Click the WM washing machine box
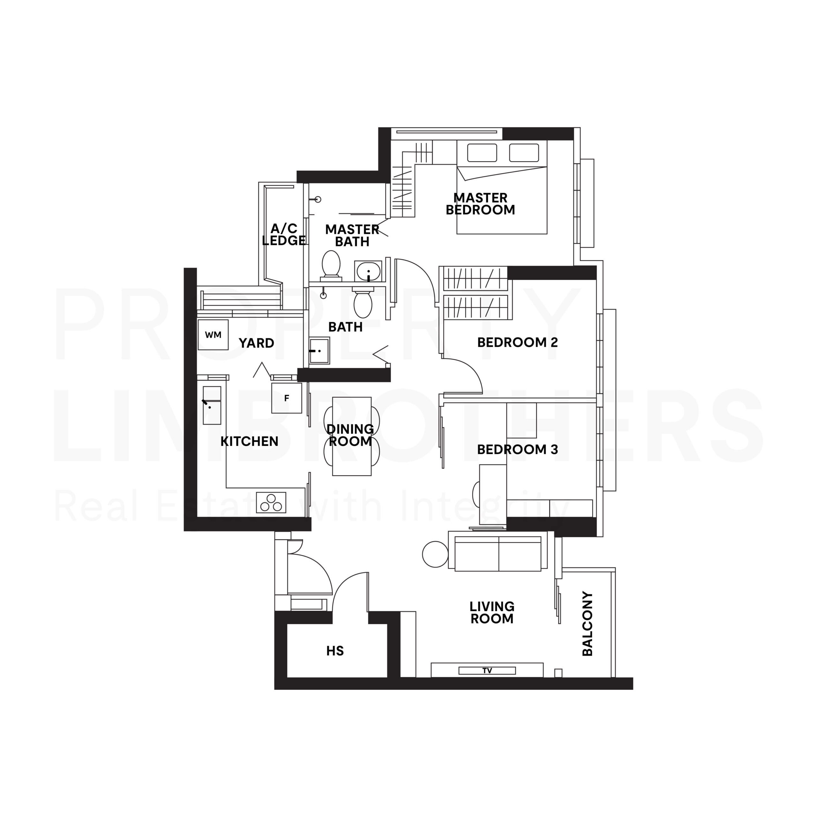pos(213,335)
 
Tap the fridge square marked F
pos(287,398)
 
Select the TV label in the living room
pos(487,671)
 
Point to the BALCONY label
pos(588,624)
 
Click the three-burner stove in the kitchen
pos(271,502)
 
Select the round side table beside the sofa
pos(435,554)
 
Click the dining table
pos(351,436)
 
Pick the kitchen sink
pos(212,405)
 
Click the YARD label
pos(256,343)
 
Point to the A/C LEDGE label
pos(284,235)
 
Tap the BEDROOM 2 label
pos(518,342)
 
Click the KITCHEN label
pos(250,441)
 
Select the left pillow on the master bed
pos(482,153)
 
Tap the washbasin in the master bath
pos(368,271)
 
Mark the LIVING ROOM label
pos(492,612)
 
